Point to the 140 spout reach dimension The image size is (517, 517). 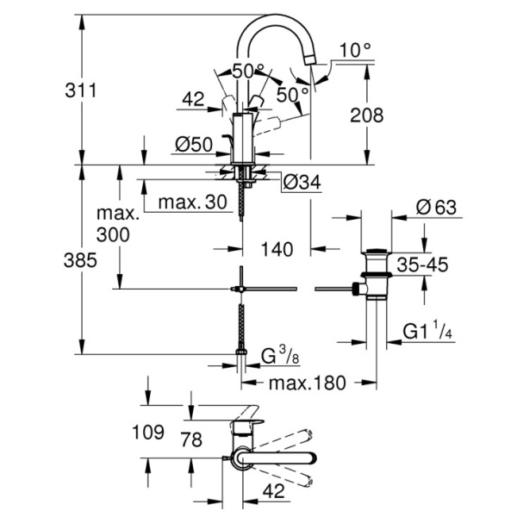277,249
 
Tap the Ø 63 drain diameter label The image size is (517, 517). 437,209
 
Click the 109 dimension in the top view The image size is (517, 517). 147,433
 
